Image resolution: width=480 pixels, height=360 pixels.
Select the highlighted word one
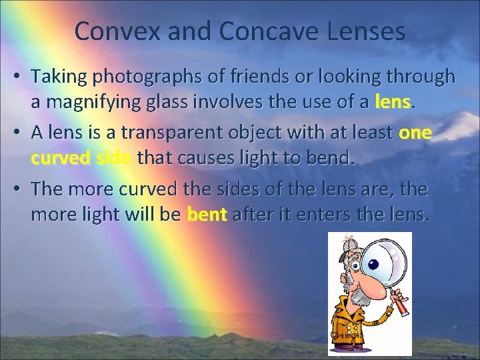(415, 133)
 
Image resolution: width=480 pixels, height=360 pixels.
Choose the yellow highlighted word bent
(207, 216)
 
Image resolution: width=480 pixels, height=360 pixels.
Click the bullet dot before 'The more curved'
(21, 189)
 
